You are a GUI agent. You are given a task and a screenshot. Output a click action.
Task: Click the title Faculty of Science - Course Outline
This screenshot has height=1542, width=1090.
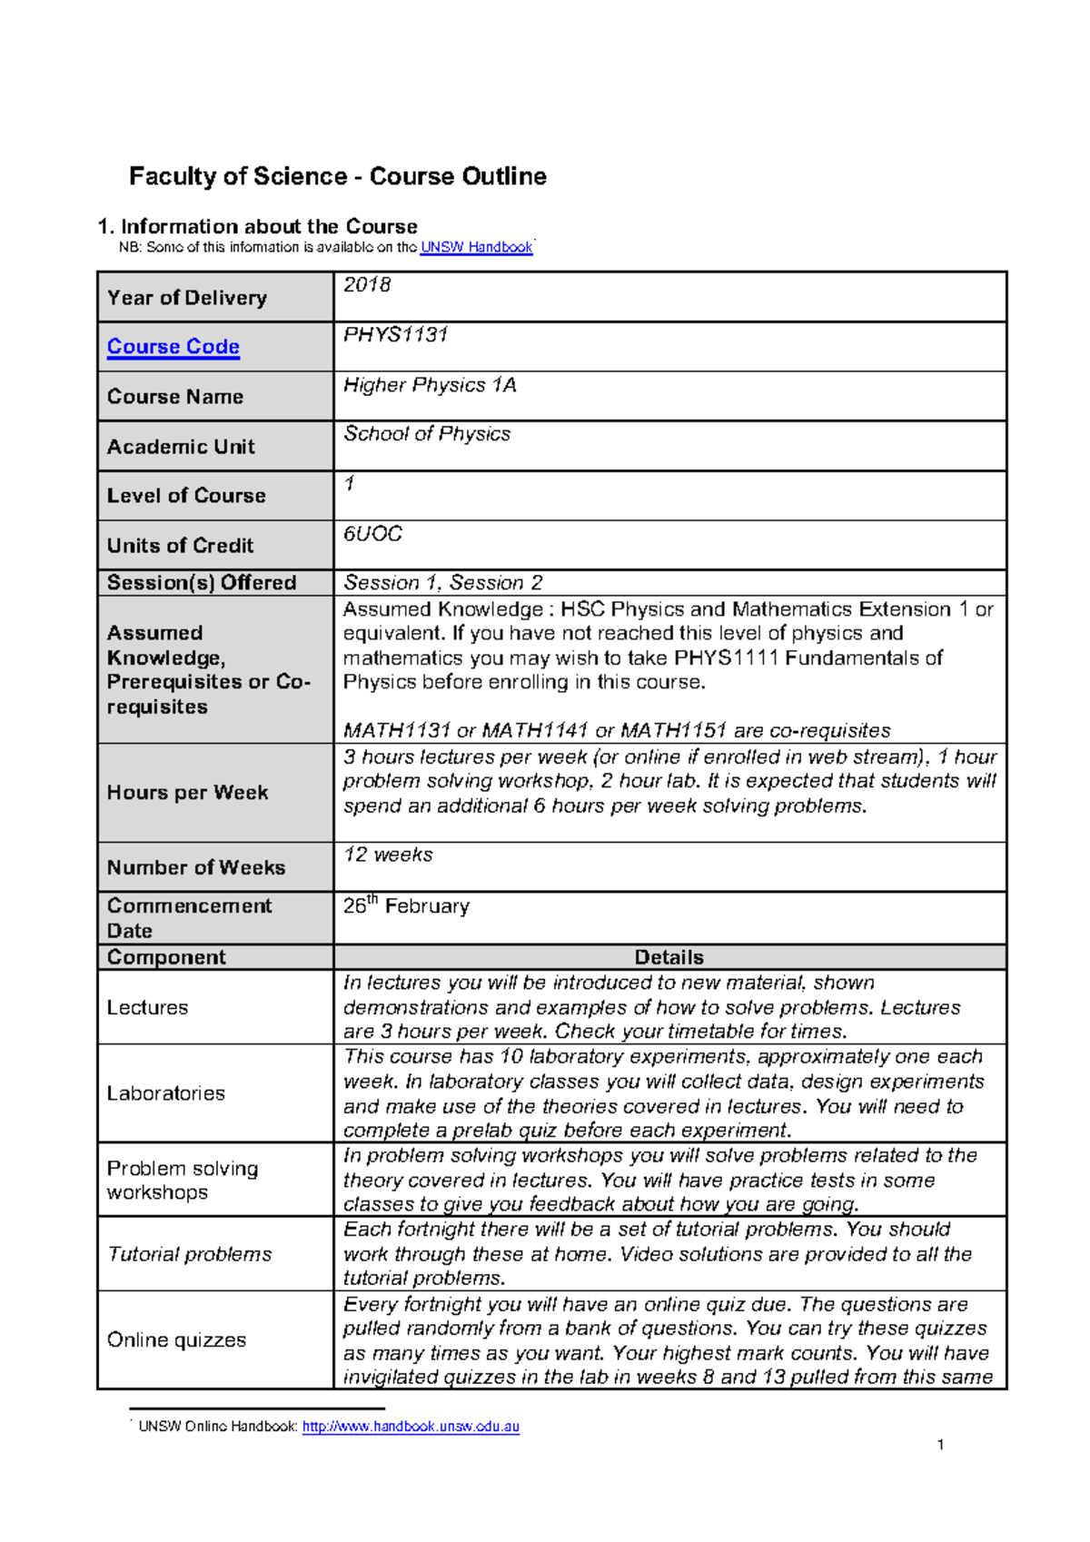[x=337, y=176]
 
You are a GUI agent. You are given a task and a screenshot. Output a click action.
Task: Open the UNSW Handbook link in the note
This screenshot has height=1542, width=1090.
[x=476, y=247]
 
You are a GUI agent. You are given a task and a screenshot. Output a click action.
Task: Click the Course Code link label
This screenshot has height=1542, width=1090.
[x=173, y=347]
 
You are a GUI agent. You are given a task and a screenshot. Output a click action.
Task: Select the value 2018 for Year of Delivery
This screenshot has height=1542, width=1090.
[x=367, y=285]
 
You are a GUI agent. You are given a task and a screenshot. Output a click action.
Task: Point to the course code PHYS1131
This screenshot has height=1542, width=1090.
[x=396, y=335]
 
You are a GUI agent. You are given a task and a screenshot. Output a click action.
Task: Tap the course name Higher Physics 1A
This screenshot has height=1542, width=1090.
[x=430, y=385]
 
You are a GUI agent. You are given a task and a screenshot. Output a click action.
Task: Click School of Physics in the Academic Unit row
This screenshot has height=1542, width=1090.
[x=427, y=434]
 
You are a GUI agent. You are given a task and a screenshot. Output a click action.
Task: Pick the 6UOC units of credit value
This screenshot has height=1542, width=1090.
[x=372, y=534]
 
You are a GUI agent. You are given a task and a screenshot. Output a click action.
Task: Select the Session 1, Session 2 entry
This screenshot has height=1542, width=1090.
[x=442, y=583]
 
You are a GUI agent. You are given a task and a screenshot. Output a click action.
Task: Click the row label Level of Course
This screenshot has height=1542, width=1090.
[x=186, y=496]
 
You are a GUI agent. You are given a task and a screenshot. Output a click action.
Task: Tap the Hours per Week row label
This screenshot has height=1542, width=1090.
[x=187, y=793]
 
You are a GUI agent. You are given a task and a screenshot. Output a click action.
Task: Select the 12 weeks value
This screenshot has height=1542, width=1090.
[x=388, y=855]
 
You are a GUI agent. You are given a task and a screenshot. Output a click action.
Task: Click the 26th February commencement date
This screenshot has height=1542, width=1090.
[x=406, y=906]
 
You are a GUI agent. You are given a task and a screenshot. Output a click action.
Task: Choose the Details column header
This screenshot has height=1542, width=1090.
[x=669, y=957]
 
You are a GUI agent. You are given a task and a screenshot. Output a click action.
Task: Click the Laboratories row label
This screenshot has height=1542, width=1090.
[x=165, y=1093]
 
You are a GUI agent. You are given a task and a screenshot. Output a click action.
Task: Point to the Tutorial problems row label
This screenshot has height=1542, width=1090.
[x=189, y=1254]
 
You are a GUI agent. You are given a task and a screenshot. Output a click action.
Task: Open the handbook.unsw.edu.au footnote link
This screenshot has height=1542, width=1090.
[x=411, y=1427]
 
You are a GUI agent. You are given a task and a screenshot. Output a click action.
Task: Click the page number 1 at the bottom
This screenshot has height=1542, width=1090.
[x=940, y=1445]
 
